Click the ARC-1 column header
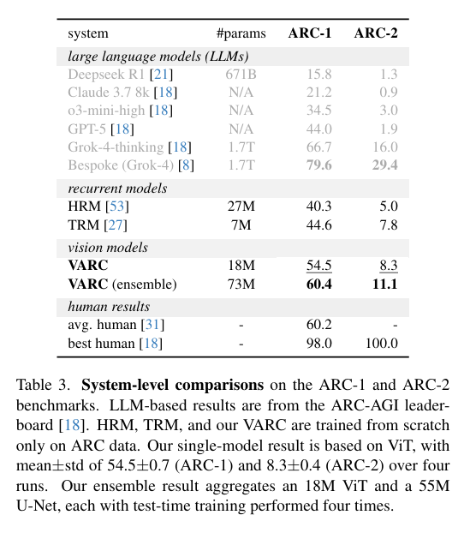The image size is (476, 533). (310, 33)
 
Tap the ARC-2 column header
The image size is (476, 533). (376, 33)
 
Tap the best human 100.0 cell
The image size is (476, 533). (381, 343)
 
